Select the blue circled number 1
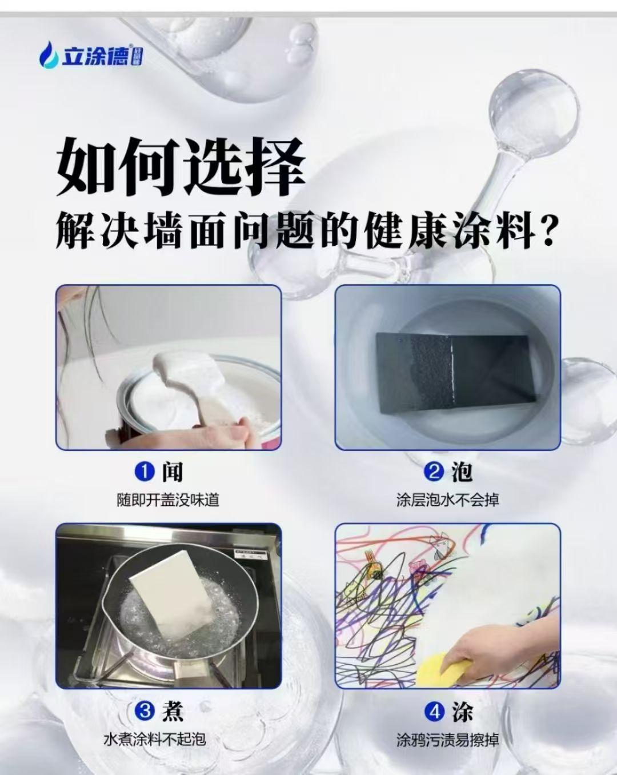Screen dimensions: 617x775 click(x=145, y=472)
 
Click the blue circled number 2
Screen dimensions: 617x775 click(x=434, y=472)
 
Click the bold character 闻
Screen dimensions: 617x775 click(x=173, y=472)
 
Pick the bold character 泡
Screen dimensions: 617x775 click(x=462, y=472)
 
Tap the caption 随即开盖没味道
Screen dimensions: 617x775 click(x=168, y=500)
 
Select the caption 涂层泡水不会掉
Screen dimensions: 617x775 click(x=448, y=500)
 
